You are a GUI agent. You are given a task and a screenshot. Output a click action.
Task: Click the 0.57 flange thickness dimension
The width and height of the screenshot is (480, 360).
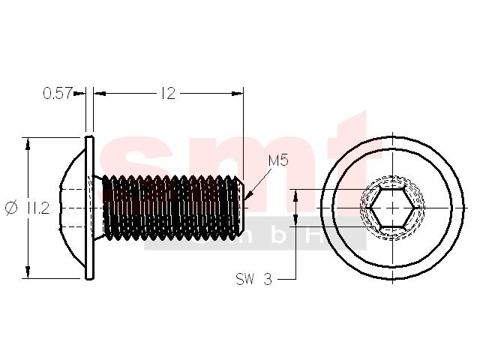[58, 93]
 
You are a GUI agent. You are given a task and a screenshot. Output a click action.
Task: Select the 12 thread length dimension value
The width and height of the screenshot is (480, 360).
[168, 93]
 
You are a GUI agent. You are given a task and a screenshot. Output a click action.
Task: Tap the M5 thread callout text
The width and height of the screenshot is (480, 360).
[278, 160]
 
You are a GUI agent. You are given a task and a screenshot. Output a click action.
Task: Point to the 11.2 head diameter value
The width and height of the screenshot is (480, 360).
[38, 208]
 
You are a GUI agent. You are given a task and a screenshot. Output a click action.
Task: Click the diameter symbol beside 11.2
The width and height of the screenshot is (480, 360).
[12, 208]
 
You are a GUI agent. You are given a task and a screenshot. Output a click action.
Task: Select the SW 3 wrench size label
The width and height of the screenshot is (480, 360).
[253, 279]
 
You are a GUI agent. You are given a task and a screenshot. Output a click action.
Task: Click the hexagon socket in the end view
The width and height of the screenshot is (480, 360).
[393, 208]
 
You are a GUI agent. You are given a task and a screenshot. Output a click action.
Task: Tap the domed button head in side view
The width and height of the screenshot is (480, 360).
[72, 208]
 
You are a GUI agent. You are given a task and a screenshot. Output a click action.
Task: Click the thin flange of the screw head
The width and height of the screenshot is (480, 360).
[89, 208]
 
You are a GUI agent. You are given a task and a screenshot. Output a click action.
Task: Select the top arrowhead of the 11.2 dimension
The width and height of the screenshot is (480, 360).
[28, 144]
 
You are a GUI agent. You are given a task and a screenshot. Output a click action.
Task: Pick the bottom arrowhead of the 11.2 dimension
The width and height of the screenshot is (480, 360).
[28, 271]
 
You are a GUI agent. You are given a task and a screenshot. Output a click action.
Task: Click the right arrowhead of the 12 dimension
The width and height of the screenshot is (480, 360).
[237, 93]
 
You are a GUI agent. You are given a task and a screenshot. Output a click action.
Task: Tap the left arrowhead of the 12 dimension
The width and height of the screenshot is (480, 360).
[100, 93]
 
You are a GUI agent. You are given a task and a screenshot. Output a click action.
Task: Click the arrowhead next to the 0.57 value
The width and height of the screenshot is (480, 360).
[79, 93]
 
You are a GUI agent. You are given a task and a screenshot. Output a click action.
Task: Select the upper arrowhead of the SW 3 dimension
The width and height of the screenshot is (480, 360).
[295, 196]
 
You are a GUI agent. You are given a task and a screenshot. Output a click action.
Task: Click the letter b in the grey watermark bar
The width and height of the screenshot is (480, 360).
[278, 237]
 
